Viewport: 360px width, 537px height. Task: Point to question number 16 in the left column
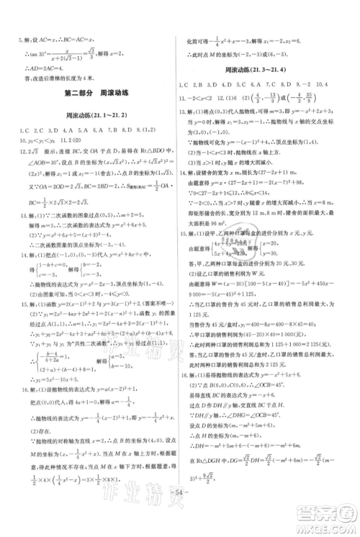[x=15, y=390]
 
